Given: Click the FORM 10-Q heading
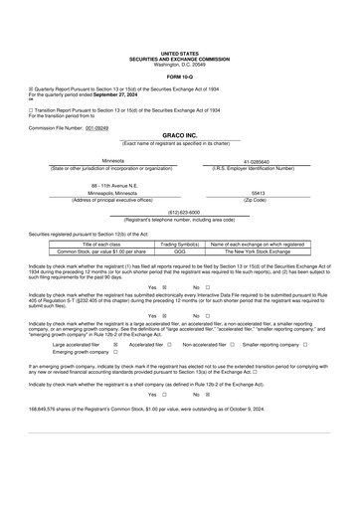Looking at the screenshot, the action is (180, 76).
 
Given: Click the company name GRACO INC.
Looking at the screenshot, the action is (179, 135).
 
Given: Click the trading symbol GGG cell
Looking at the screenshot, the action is (180, 252).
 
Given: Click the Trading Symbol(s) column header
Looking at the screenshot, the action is (180, 244).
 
